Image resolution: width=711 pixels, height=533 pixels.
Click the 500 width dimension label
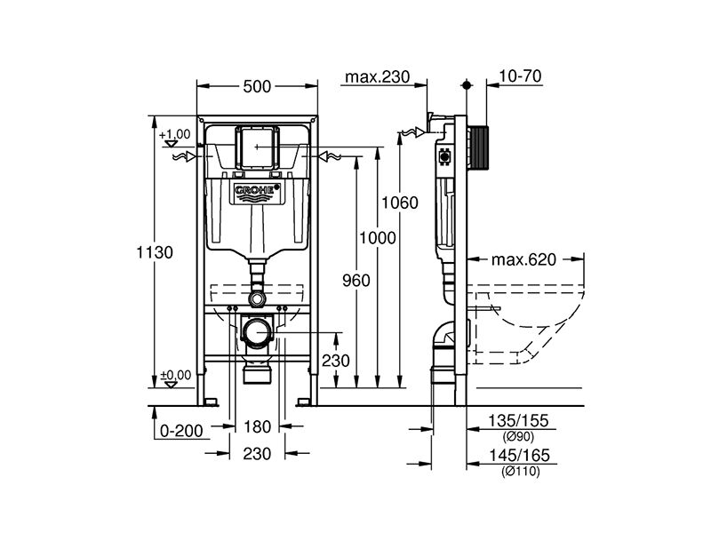pos(257,86)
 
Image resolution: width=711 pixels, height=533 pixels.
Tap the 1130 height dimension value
pos(155,252)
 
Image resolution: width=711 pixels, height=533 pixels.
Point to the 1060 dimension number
pos(399,203)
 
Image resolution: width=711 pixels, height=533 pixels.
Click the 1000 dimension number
pos(377,237)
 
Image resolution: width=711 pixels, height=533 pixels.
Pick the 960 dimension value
pos(356,281)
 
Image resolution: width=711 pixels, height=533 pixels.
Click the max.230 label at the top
pos(377,76)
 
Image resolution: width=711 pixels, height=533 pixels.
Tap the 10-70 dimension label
pos(520,76)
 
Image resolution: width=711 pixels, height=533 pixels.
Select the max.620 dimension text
pos(523,259)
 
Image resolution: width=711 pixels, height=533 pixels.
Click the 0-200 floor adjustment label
pos(181,431)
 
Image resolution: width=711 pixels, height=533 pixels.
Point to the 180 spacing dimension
pos(257,426)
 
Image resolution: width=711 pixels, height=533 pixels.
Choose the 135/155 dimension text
pos(518,420)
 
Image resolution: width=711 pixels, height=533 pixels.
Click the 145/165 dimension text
pos(519,455)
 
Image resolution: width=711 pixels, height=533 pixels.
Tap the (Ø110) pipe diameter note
pos(521,472)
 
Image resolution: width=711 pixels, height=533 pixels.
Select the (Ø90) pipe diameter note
pos(518,437)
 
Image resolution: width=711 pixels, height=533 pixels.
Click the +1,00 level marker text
pos(174,134)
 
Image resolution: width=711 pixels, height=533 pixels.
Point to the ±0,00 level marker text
pos(175,375)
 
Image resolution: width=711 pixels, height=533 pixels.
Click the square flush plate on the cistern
pos(257,147)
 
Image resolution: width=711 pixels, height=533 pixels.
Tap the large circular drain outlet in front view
pos(257,331)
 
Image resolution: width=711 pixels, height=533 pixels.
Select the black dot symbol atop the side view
pos(467,84)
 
